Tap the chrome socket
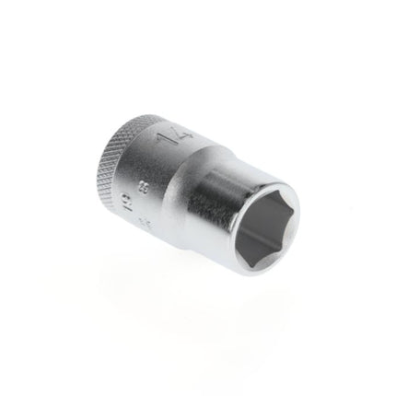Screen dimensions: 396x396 (203, 193)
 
